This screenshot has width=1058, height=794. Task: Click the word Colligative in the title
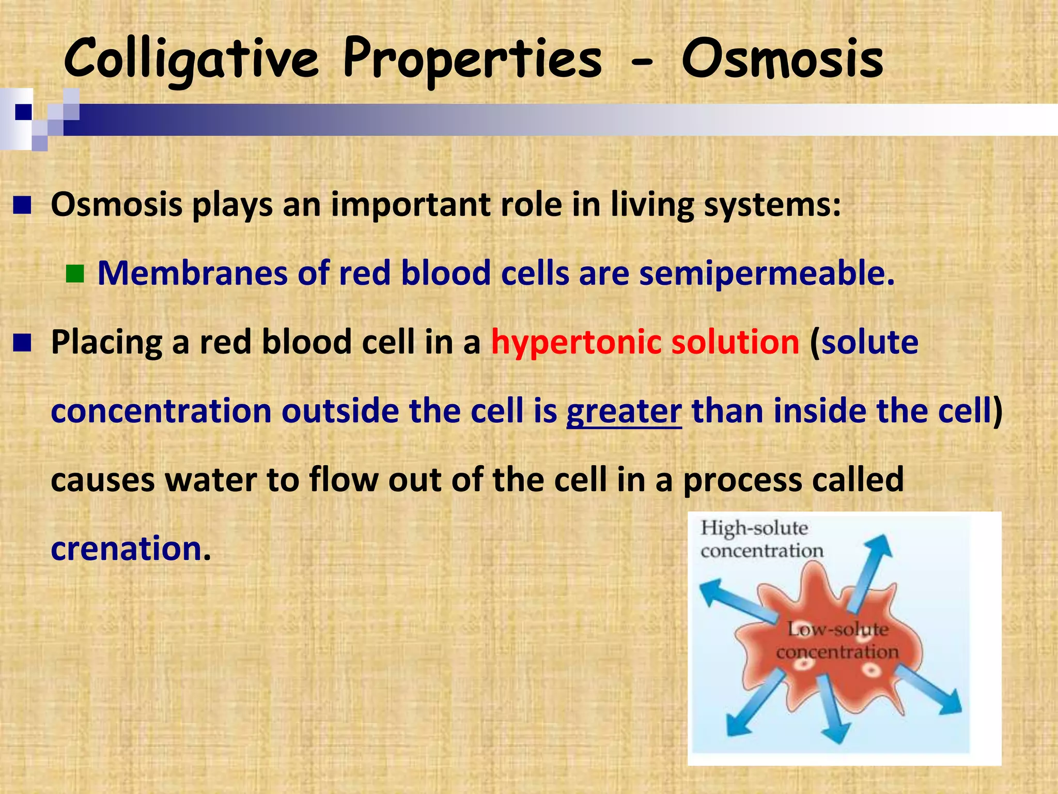[x=191, y=59]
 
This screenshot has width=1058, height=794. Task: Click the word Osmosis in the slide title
[x=782, y=59]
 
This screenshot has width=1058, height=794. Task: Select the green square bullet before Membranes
[x=75, y=274]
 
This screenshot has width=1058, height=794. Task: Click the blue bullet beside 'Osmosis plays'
[x=22, y=205]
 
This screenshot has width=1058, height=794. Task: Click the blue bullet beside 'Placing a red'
[x=22, y=342]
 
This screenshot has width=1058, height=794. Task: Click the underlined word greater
[x=624, y=411]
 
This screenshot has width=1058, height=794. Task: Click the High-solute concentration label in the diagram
[x=761, y=539]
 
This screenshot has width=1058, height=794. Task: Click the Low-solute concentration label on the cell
[x=837, y=640]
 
